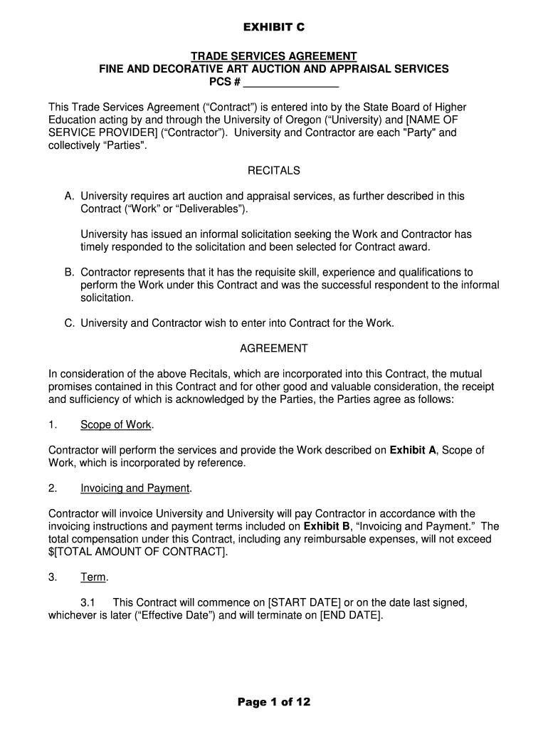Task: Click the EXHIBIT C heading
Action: [274, 28]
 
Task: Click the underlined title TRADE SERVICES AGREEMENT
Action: [273, 56]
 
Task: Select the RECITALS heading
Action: [273, 171]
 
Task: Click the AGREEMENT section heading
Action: [273, 349]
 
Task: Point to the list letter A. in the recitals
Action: [69, 196]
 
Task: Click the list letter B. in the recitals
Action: [69, 273]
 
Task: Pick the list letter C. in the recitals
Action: [69, 323]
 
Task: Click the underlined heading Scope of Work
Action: [116, 425]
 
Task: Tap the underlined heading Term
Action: [93, 577]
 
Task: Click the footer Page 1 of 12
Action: [273, 703]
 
